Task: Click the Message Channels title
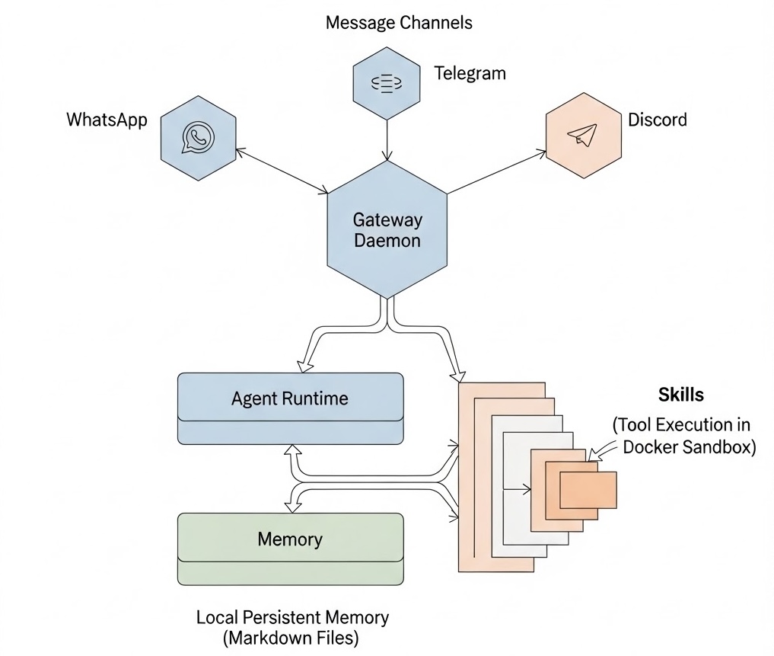(x=399, y=23)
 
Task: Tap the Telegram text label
(x=470, y=74)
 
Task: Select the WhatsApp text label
(x=107, y=120)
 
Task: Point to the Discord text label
(x=658, y=120)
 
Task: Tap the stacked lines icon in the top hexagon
(x=387, y=82)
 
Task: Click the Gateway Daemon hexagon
(x=387, y=229)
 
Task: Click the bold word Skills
(x=680, y=395)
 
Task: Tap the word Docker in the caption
(x=651, y=446)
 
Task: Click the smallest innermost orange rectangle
(x=588, y=490)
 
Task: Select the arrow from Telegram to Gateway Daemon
(x=387, y=137)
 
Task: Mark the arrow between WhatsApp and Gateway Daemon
(x=282, y=169)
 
